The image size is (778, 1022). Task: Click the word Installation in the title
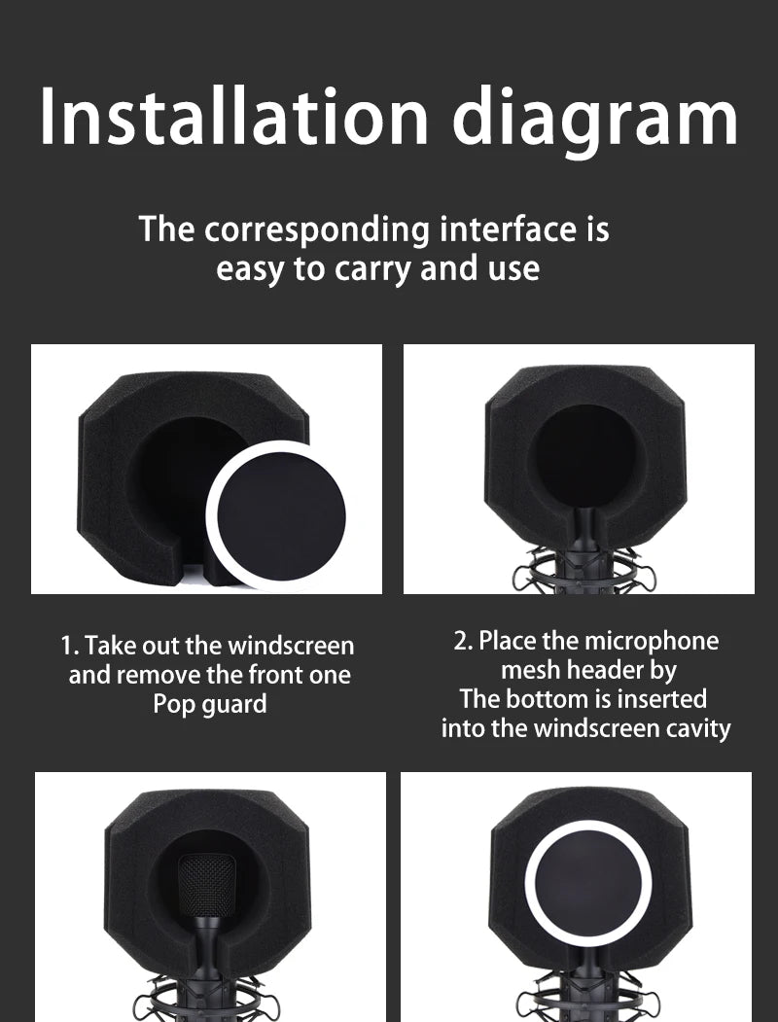pos(234,116)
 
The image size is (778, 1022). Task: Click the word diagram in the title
pos(595,122)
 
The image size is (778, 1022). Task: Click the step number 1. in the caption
pos(70,646)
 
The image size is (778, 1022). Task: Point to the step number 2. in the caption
pos(463,642)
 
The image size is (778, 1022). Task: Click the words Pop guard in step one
pos(210,705)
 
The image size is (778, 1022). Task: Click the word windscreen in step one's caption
pos(291,646)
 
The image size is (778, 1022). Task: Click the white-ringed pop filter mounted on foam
pos(587,883)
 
